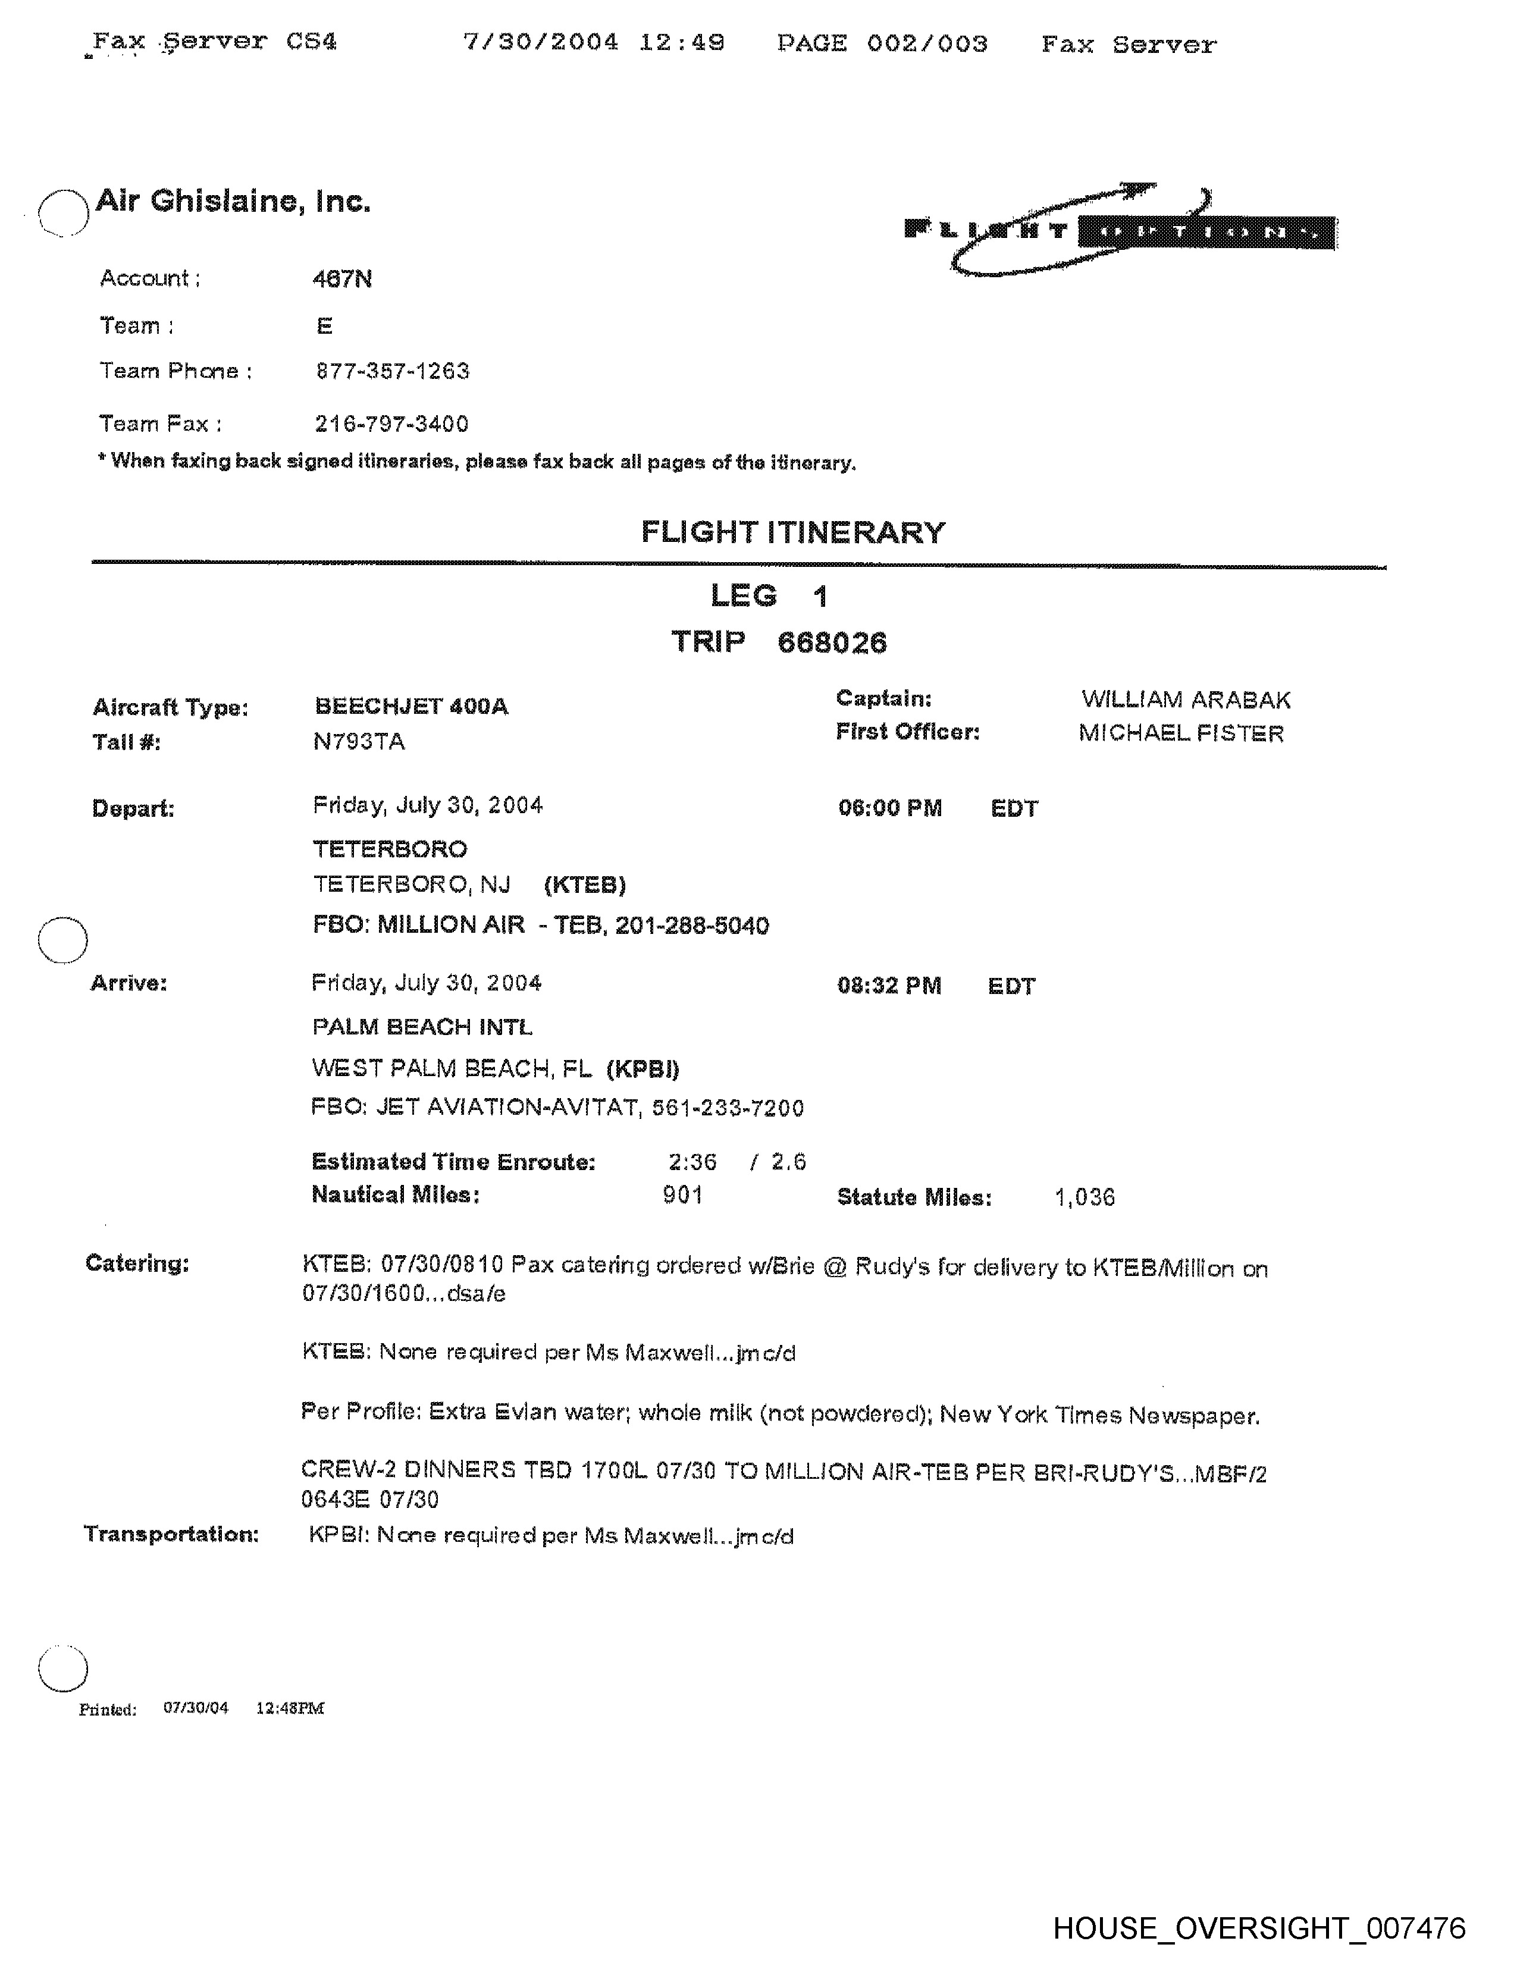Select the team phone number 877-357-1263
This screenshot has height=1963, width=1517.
(393, 371)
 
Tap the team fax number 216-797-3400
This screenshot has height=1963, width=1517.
(392, 424)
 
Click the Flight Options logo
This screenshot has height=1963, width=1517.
(1119, 230)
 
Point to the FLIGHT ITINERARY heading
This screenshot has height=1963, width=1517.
(792, 532)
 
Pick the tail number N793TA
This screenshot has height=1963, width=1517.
(359, 742)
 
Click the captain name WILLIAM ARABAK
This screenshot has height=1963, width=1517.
(1186, 700)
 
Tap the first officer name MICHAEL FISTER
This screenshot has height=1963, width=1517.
(1181, 733)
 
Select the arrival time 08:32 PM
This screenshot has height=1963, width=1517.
(889, 986)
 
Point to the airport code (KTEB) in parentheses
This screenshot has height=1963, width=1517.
(585, 885)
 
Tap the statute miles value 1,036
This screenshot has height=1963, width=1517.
(1085, 1197)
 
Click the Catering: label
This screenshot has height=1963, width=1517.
(137, 1263)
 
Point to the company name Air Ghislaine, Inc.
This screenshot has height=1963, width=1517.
(233, 200)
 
